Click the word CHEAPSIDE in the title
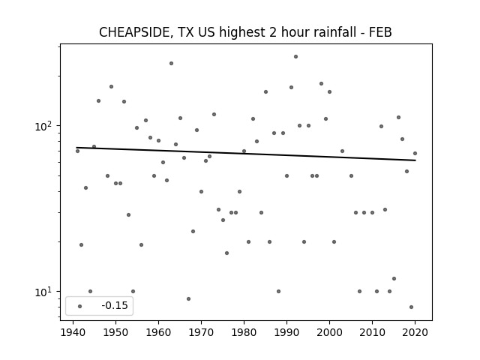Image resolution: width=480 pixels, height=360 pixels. pos(134,32)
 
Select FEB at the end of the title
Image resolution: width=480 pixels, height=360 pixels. pos(380,32)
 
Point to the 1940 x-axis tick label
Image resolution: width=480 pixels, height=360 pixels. pos(73,332)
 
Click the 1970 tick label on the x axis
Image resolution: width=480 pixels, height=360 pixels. pos(201,332)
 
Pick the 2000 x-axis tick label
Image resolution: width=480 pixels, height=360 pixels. pos(329,332)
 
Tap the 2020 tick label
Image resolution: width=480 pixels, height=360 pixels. pos(415,332)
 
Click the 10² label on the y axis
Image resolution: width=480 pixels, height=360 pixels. pos(45,126)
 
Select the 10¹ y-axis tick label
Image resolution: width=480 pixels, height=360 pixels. pos(45,292)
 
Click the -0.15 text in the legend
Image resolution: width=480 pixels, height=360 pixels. pos(115,305)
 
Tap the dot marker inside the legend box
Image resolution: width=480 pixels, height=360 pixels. pos(80,306)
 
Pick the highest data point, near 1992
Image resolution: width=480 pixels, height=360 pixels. pos(295,57)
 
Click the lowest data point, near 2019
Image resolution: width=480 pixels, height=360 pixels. pos(411,307)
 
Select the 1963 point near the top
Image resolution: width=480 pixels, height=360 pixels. pos(172,63)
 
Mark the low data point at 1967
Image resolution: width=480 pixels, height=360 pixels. pos(188,298)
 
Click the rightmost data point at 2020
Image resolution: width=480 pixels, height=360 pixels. pos(415,153)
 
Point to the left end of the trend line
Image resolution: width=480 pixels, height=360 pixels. pos(76,148)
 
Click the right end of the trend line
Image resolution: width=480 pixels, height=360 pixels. pos(415,160)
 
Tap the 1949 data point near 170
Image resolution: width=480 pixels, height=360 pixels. pos(112,87)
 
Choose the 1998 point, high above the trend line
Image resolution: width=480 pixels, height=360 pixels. pos(321,83)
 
